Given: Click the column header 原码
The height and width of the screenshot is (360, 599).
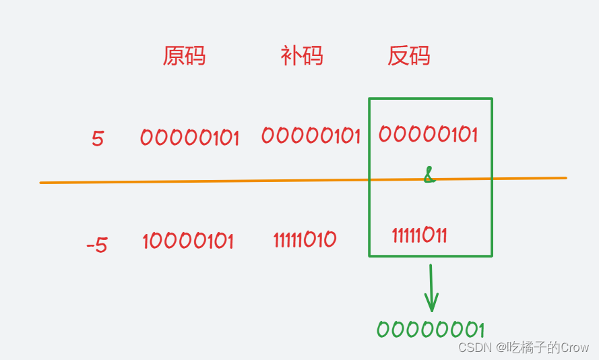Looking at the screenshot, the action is click(184, 56).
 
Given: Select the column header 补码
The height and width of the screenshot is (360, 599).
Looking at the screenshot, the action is click(301, 56).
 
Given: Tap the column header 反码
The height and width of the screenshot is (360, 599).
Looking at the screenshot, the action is click(408, 56).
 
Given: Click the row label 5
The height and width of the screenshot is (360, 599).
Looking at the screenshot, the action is click(98, 140).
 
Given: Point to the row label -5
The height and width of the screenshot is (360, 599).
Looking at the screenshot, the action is click(97, 244).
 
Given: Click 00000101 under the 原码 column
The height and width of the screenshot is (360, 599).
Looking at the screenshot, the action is click(189, 138).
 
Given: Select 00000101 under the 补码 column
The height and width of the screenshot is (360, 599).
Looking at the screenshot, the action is click(311, 136).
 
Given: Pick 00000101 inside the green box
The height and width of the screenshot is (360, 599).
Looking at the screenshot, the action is click(428, 134).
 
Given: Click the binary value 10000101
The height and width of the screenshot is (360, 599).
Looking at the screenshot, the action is click(188, 241).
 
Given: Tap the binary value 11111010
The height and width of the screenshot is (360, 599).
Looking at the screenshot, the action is click(305, 239).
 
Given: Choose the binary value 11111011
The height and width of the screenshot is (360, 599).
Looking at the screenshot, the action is click(419, 235).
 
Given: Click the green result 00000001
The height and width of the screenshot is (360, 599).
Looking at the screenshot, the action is click(431, 330).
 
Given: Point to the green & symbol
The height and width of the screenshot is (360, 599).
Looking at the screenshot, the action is click(429, 177).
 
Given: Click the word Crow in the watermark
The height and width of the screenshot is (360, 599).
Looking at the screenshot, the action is click(575, 347).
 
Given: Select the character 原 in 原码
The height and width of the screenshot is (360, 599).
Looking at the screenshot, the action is click(173, 56).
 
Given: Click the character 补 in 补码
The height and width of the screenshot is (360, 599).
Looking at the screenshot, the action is click(290, 56).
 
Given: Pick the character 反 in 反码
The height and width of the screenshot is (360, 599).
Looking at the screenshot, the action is click(398, 56).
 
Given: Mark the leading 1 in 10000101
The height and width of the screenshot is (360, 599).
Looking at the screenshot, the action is click(146, 241).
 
